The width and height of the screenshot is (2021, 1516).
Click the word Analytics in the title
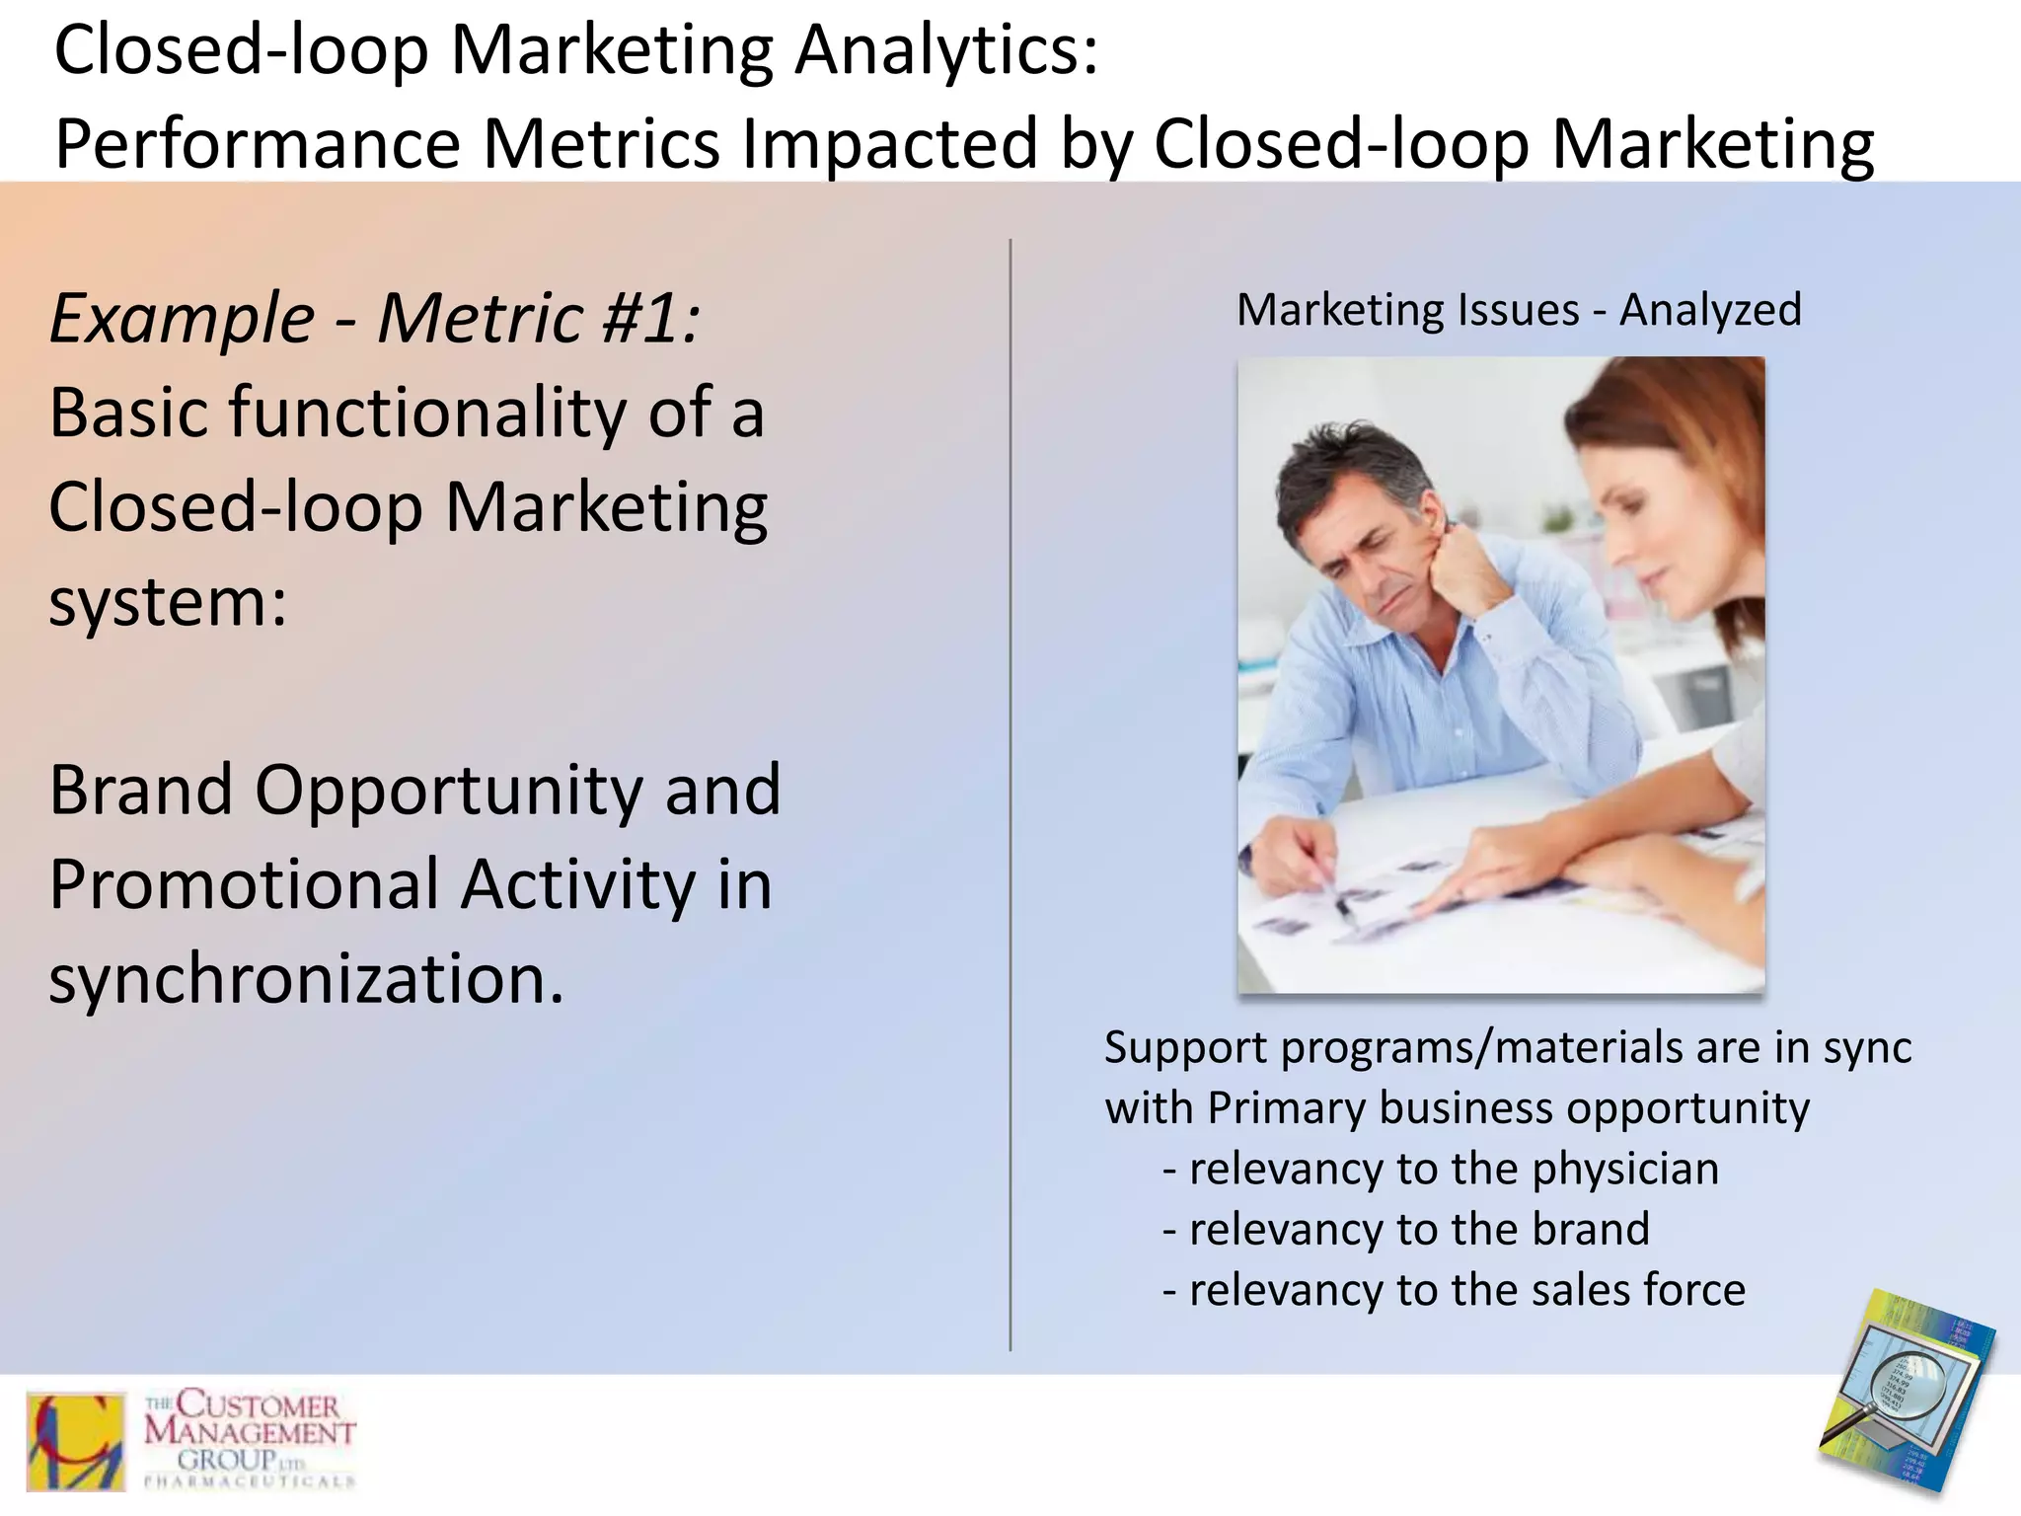point(945,51)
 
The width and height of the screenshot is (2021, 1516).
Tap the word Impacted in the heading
point(889,145)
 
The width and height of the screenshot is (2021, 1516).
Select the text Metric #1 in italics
point(538,319)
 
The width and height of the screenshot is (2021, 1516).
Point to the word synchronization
point(306,979)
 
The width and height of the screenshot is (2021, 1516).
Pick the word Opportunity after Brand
point(449,791)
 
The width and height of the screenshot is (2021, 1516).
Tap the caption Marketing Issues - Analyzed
point(1519,310)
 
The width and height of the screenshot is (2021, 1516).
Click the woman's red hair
point(1678,434)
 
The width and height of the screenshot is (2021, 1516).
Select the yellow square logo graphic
point(76,1442)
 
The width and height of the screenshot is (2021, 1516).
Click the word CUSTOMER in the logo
point(259,1404)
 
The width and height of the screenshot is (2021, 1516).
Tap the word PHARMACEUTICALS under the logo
point(250,1481)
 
